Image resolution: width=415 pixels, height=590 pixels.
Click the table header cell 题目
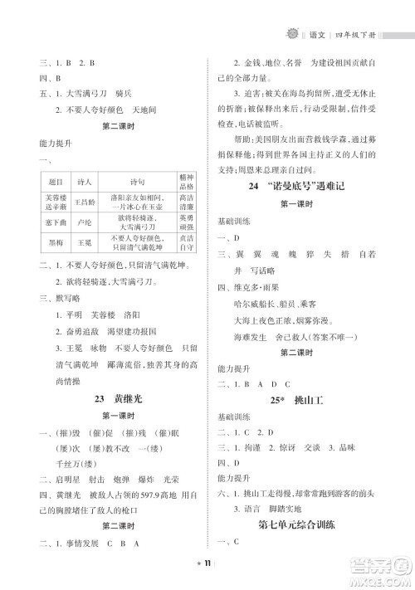coord(56,183)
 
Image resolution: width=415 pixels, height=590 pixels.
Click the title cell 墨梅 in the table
coord(56,243)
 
